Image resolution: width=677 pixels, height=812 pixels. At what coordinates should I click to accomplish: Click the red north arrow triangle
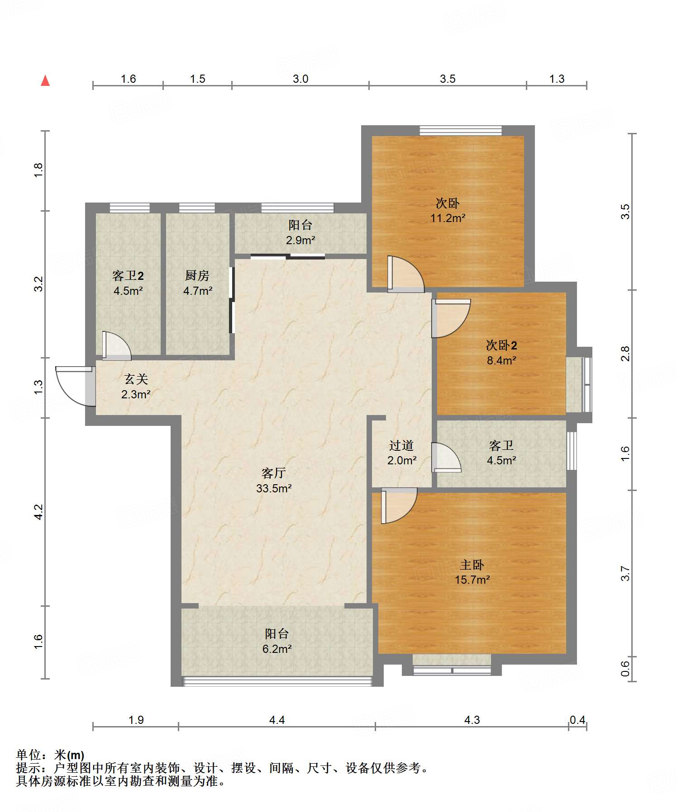45,80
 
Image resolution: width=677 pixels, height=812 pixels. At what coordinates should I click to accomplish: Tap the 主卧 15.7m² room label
472,572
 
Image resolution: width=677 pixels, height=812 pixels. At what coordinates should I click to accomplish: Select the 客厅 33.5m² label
274,481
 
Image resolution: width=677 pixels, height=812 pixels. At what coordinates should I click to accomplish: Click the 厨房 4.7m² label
197,283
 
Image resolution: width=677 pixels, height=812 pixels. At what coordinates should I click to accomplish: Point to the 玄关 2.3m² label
136,387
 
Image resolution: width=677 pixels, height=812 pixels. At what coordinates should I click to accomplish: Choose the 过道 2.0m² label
401,453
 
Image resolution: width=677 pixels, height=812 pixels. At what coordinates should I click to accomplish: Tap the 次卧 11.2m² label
448,210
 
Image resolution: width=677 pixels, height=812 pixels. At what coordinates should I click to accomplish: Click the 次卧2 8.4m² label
501,353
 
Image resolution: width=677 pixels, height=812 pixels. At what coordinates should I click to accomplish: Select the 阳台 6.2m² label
277,641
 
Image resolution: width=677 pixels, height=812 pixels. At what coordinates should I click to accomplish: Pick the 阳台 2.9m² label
300,232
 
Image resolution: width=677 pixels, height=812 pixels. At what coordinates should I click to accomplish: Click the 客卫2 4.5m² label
128,283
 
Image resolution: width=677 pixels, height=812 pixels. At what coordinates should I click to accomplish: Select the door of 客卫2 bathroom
116,346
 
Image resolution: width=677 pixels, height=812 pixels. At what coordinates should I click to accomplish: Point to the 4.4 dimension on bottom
277,720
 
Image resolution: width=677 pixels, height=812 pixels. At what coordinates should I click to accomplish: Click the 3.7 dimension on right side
625,573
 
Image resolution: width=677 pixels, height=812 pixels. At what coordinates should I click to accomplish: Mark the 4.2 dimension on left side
38,512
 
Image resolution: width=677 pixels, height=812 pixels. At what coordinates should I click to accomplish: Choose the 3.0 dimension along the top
300,79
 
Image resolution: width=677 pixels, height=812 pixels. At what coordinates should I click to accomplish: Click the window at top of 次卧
461,131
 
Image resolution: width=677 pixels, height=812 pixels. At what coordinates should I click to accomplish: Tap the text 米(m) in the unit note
69,755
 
